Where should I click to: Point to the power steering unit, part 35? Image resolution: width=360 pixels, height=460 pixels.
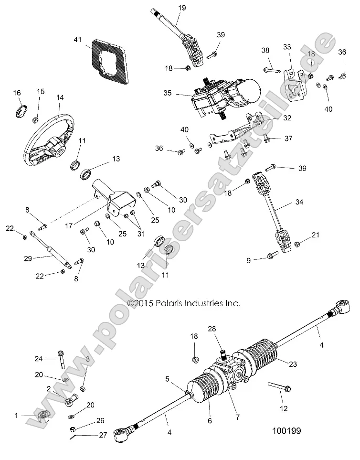click(x=222, y=98)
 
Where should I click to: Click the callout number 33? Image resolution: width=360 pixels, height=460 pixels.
click(x=286, y=47)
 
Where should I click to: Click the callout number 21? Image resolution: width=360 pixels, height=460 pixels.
click(x=316, y=235)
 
